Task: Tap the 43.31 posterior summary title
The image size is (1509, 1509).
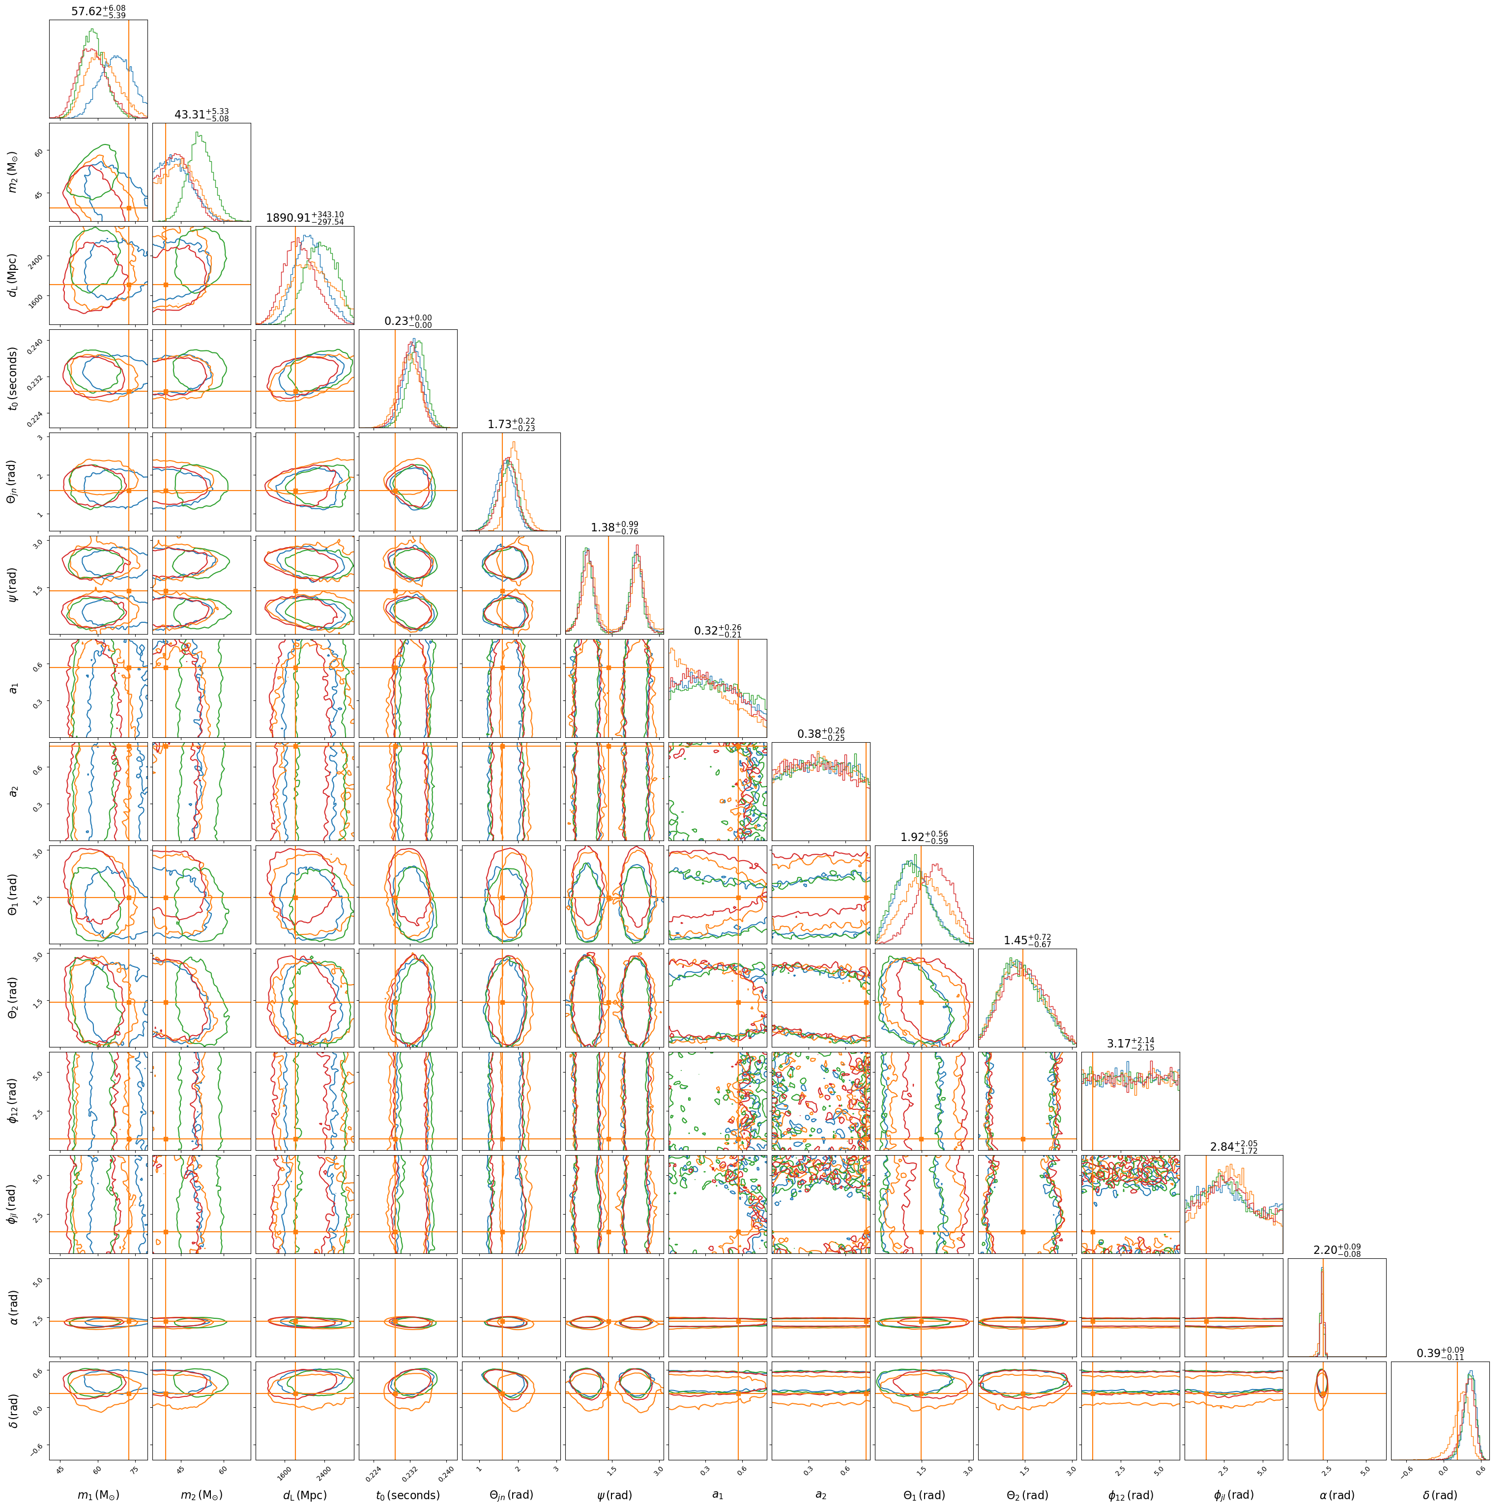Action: point(202,115)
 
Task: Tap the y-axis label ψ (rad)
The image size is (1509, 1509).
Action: point(12,584)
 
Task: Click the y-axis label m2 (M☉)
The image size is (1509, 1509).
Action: point(12,172)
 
